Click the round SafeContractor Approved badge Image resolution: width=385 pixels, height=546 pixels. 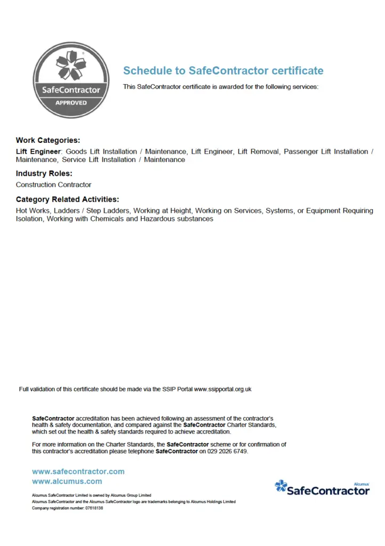coord(71,80)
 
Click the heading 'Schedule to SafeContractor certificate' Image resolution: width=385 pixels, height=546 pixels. coord(223,71)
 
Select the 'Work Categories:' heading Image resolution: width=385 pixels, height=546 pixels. coord(48,141)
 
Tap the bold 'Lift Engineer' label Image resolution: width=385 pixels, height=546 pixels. coord(39,151)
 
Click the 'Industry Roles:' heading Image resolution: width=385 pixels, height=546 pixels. coord(44,174)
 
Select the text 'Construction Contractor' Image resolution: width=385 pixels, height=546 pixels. coord(53,184)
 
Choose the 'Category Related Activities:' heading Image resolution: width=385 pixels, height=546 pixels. coord(67,199)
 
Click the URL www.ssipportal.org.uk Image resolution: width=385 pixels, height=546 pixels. coord(222,389)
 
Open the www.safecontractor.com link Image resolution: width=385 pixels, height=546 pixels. coord(78,471)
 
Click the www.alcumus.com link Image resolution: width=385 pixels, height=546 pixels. coord(67,481)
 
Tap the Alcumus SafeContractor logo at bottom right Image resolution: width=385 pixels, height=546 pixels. coord(322,488)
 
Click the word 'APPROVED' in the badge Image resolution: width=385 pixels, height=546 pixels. coord(71,102)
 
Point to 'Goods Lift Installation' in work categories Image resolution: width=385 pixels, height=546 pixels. coord(101,151)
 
